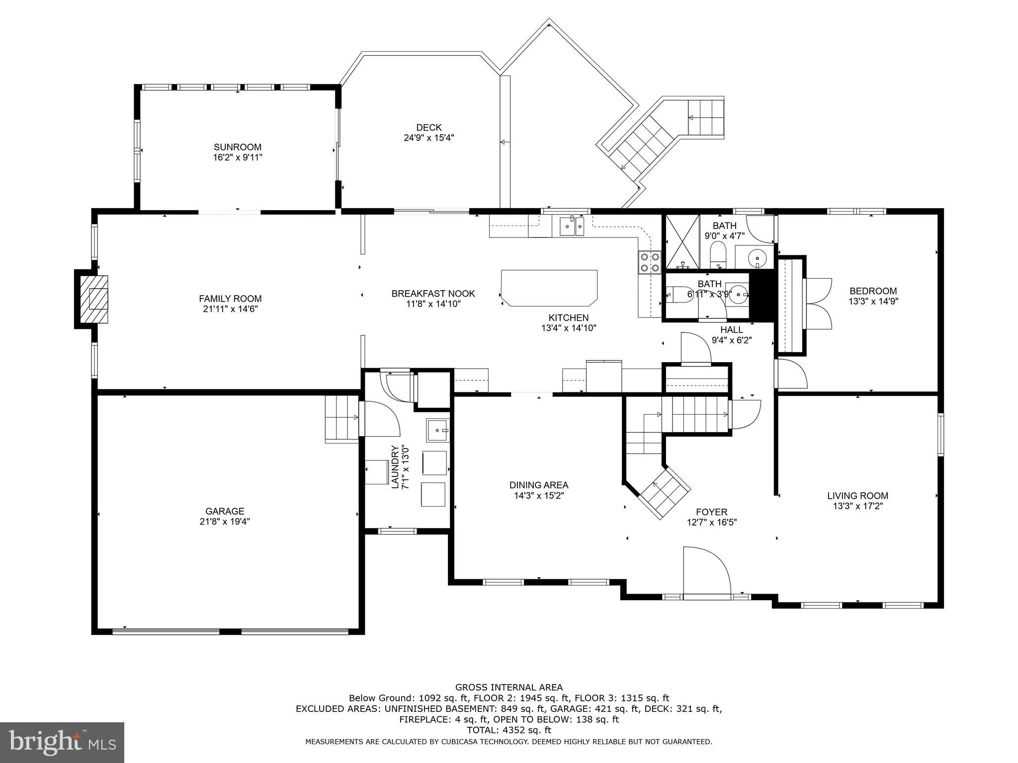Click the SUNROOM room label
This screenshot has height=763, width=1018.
238,147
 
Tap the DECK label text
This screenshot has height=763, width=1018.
429,128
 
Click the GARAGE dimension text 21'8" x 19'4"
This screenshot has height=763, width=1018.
225,522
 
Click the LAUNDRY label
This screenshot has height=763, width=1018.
395,467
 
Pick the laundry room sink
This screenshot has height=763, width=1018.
437,430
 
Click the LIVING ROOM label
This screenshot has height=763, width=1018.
857,496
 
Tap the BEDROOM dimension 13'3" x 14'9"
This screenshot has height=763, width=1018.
873,301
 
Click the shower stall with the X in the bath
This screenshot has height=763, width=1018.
682,242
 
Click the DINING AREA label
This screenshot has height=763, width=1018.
539,485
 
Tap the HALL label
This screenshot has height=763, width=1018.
732,330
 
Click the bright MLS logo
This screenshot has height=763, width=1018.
62,742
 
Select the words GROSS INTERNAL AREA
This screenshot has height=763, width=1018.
509,687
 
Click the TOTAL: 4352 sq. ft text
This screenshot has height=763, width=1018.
509,730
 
